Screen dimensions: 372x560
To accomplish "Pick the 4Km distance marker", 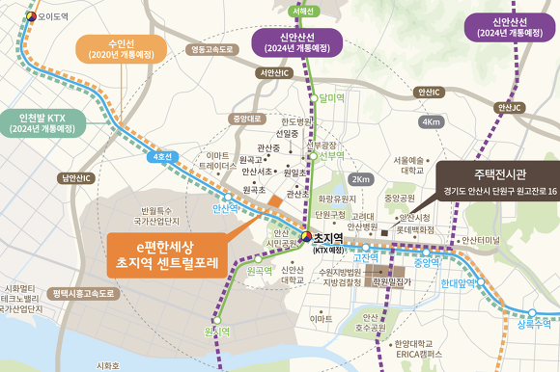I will [x=434, y=122].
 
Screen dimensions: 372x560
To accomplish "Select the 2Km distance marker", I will [x=361, y=179].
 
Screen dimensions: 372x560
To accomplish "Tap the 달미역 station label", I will [x=331, y=97].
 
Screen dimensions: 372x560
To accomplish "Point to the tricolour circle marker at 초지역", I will [x=306, y=236].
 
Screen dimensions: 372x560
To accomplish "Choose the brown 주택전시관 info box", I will [x=490, y=182].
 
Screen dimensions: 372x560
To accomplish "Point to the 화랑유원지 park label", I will [x=338, y=199].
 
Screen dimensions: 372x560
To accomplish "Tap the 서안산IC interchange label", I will [x=273, y=72].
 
